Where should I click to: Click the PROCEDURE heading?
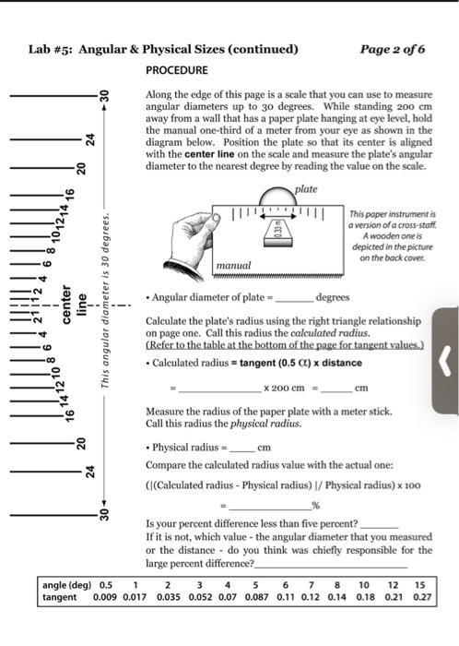click(177, 70)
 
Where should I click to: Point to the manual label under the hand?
click(233, 265)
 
